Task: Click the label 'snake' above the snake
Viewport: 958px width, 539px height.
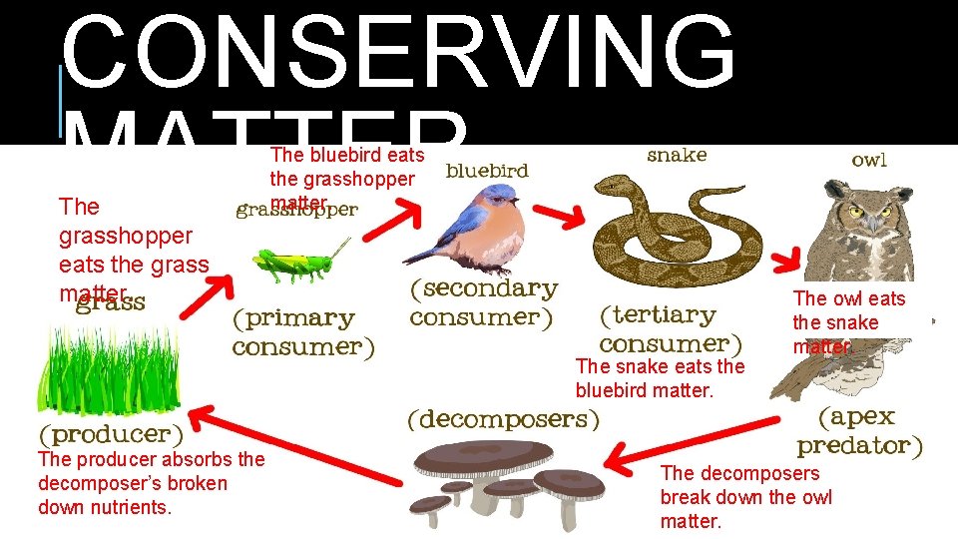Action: tap(677, 155)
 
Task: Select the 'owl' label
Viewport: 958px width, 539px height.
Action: tap(868, 160)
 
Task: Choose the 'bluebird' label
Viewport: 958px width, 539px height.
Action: tap(487, 171)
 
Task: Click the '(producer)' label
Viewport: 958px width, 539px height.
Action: tap(111, 434)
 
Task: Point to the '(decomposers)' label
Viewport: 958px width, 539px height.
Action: tap(503, 419)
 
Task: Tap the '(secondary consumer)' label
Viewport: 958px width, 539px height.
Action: tap(484, 302)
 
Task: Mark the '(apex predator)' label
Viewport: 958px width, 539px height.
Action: tap(859, 430)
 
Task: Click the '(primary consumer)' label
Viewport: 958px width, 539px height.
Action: tap(303, 332)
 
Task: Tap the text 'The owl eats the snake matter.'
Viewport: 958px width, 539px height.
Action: tap(848, 322)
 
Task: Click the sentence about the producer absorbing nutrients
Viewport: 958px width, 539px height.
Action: tap(151, 483)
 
